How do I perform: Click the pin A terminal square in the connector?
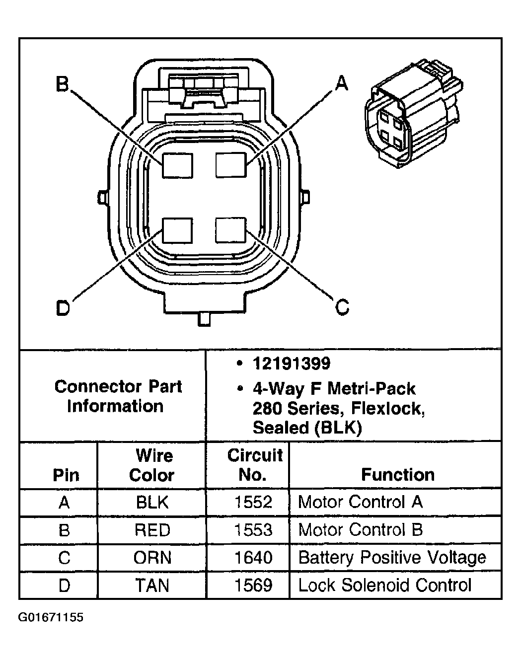click(231, 164)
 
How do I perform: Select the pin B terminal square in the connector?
click(177, 164)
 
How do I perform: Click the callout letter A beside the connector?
click(342, 83)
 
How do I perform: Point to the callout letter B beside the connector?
click(62, 84)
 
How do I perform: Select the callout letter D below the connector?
click(63, 308)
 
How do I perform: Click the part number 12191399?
click(291, 364)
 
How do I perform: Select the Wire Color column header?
click(152, 465)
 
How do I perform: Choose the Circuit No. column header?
click(254, 465)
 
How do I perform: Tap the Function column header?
click(397, 475)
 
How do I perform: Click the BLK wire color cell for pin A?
click(152, 503)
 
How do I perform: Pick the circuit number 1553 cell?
click(253, 530)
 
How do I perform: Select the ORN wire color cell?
click(152, 558)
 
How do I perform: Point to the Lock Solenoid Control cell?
click(384, 586)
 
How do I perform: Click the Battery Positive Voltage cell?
click(392, 558)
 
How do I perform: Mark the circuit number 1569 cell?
click(253, 586)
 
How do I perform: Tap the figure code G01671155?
click(51, 618)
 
